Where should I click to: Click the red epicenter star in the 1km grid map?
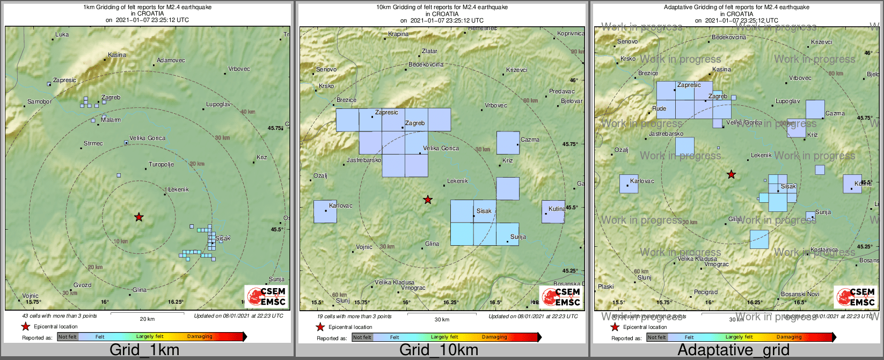click(x=139, y=217)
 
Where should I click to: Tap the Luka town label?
click(x=62, y=35)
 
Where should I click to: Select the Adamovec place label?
click(x=171, y=61)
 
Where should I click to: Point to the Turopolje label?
click(x=161, y=165)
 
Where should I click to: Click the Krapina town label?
click(x=398, y=34)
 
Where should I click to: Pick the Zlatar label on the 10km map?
click(x=429, y=52)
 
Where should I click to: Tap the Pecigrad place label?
click(x=705, y=292)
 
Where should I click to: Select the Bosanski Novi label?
click(x=800, y=294)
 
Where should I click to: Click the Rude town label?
click(x=659, y=109)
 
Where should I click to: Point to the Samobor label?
click(x=40, y=102)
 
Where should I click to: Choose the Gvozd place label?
click(x=82, y=285)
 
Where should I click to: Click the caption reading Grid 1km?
click(x=144, y=350)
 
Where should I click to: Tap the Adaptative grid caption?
click(x=733, y=350)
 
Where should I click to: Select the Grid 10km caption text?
click(x=439, y=350)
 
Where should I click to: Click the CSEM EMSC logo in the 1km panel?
click(x=266, y=296)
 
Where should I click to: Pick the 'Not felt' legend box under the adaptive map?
click(x=656, y=337)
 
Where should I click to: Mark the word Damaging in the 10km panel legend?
click(x=494, y=337)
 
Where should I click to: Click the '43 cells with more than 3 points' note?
click(x=60, y=316)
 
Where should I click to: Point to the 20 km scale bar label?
click(x=147, y=319)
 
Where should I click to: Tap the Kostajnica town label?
click(x=824, y=250)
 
